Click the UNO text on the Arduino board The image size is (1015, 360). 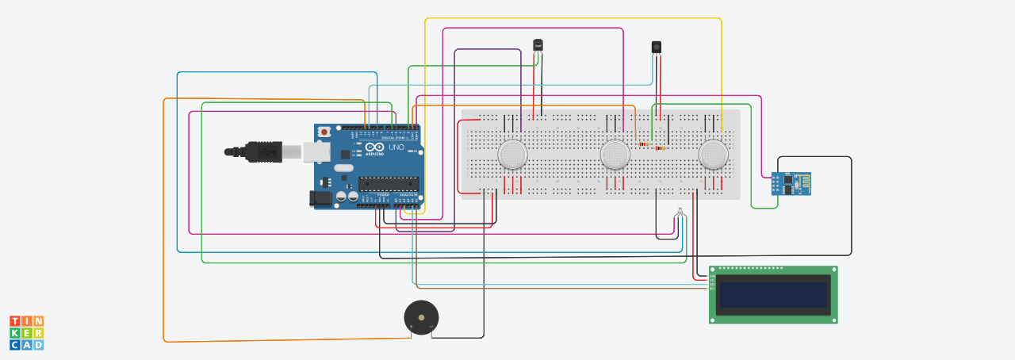point(396,147)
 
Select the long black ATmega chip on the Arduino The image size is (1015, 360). point(388,184)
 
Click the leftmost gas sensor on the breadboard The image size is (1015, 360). point(513,154)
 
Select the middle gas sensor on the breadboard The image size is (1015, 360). point(615,154)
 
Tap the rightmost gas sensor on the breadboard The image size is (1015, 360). point(714,154)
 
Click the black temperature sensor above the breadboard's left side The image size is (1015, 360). point(538,46)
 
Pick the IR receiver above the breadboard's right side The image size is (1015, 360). point(657,47)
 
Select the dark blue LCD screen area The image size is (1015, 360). point(772,294)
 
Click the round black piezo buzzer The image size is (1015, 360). point(420,316)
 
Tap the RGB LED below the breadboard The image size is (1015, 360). point(679,213)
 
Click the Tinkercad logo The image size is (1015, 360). point(26,333)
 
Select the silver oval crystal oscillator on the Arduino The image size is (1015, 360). point(343,167)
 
